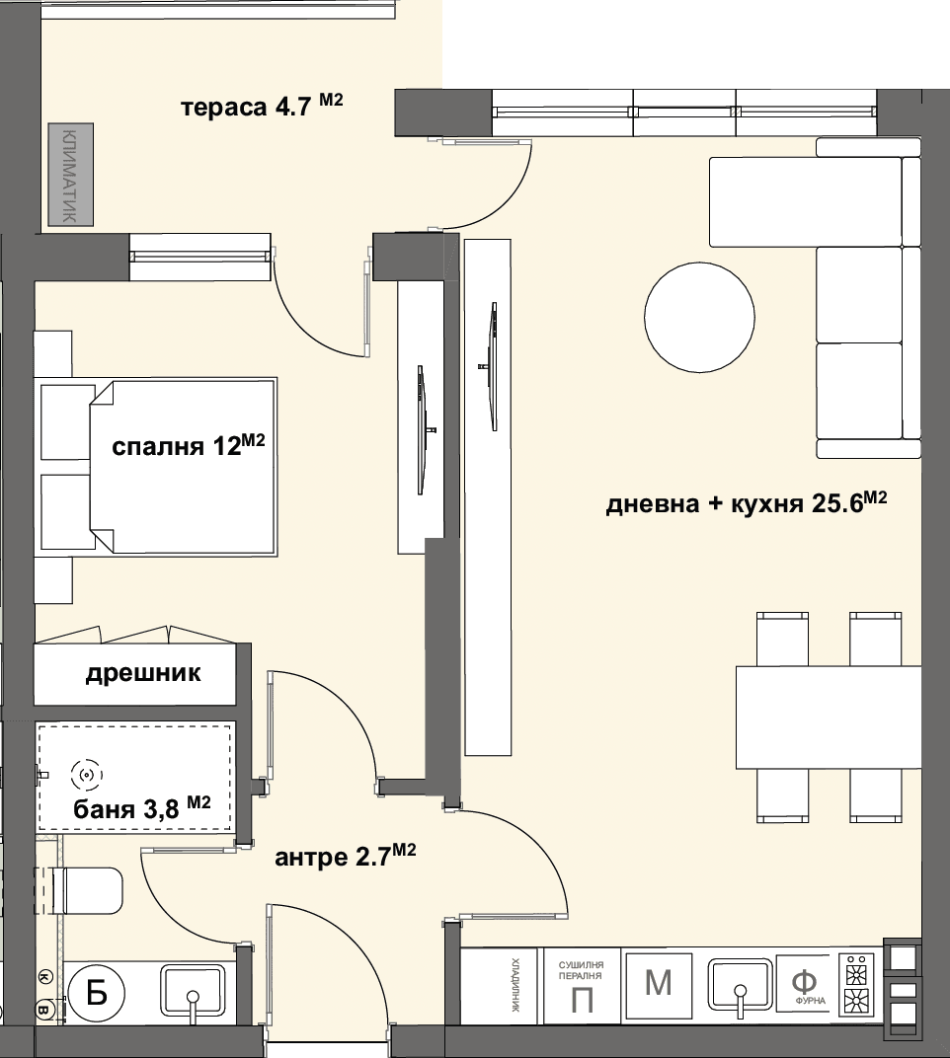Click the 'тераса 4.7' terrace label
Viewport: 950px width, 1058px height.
coord(262,106)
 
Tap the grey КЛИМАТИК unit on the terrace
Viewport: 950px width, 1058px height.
coord(70,174)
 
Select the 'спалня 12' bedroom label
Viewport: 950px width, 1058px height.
coord(188,445)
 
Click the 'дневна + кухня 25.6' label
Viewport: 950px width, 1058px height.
coord(747,502)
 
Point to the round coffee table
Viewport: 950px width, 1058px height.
coord(699,317)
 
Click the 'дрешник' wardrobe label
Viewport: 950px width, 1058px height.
coord(143,673)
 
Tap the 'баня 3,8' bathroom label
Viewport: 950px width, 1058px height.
coord(142,807)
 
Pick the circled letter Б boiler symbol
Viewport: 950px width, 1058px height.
coord(97,993)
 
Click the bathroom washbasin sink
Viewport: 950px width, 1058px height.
coord(193,991)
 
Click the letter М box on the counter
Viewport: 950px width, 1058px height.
coord(659,984)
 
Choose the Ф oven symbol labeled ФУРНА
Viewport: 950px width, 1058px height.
coord(807,984)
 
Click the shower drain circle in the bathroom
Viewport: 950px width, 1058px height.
coord(87,776)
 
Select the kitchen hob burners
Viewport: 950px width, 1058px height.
coord(856,984)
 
